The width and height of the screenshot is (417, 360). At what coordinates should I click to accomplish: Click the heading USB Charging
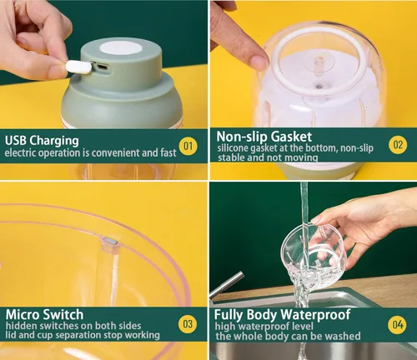click(42, 139)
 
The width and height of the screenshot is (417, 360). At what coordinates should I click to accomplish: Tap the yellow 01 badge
click(188, 147)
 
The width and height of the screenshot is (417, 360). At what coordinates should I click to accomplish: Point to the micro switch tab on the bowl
click(108, 244)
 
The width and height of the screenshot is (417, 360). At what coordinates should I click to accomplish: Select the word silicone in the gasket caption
click(234, 147)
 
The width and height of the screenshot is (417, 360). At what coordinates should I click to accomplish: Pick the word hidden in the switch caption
click(21, 325)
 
